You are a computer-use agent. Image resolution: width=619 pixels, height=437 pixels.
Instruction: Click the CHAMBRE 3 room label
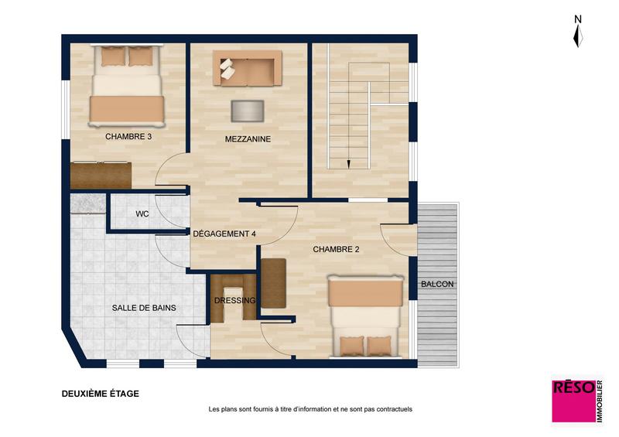click(128, 136)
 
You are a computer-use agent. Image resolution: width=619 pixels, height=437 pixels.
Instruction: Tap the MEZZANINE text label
click(248, 139)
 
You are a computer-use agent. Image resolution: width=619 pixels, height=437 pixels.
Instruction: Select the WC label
click(142, 213)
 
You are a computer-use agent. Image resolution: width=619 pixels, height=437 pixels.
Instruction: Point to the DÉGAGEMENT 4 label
click(224, 234)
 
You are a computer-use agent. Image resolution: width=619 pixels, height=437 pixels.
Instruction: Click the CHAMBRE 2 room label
click(337, 249)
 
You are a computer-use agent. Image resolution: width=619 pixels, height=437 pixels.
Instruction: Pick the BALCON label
click(437, 285)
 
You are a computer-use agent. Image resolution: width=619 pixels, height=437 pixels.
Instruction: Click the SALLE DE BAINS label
click(144, 308)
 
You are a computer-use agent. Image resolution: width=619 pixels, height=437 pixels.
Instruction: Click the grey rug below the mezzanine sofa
click(247, 110)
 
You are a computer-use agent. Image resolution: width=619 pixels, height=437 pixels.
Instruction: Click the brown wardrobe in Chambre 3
click(101, 174)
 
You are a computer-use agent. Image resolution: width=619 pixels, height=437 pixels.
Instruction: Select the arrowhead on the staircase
click(348, 163)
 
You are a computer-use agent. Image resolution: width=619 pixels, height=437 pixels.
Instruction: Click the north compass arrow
click(577, 35)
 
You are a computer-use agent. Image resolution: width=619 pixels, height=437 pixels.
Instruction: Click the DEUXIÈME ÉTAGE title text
click(101, 394)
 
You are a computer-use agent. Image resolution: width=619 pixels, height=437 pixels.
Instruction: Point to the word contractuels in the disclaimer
click(392, 409)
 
